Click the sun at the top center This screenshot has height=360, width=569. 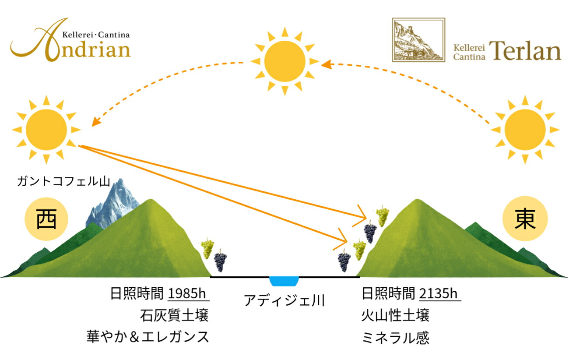pos(285,61)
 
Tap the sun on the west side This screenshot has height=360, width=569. pos(46,130)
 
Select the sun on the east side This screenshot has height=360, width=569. pos(525,130)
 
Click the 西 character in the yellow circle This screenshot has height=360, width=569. pos(46,219)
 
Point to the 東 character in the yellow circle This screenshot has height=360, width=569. pos(525,219)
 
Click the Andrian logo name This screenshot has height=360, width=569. pos(70,41)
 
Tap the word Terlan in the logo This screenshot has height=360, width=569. pos(525,51)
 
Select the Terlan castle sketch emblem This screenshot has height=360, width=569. pos(418,40)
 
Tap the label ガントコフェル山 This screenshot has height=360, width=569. pos(63,181)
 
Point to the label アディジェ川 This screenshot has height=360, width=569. pos(284,300)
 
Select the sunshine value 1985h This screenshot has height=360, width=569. pos(187,293)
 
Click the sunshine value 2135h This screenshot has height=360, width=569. pos(438,293)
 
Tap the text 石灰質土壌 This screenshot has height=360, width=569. pos(174,315)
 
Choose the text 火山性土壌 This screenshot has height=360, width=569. pos(395,315)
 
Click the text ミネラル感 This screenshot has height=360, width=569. pos(395,338)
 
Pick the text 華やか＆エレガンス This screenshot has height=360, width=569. pos(148,337)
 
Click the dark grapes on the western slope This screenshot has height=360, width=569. pos(220,260)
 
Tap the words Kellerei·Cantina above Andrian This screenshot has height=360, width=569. pos(96,35)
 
